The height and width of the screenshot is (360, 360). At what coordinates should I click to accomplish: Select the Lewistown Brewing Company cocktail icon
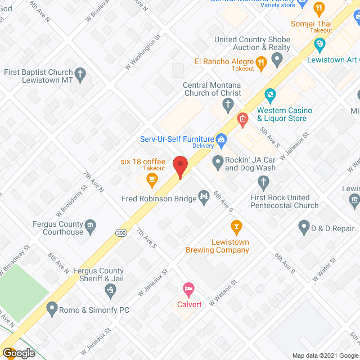coord(236,227)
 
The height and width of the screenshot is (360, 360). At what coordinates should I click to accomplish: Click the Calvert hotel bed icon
coord(188,289)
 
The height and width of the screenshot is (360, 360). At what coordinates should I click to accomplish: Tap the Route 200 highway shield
coord(122,232)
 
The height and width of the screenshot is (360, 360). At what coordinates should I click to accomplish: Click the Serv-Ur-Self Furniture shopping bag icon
coord(222,138)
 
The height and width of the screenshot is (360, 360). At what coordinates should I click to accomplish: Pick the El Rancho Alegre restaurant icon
coord(261,61)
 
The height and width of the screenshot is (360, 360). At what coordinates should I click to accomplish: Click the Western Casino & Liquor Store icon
coord(270,94)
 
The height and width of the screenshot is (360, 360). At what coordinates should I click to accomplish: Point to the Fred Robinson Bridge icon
coord(204,197)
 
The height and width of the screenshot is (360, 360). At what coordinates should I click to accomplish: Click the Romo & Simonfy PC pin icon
coord(52,309)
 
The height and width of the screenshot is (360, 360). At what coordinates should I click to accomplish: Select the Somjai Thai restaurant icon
coord(319,8)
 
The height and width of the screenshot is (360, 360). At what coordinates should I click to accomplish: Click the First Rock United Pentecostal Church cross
coord(263,182)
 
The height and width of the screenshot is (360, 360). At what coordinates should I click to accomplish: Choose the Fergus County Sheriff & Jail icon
coord(111,290)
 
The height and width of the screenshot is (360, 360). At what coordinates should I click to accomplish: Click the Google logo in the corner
coord(18,353)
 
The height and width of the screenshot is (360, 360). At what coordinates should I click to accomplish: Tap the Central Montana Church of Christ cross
coord(227,103)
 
